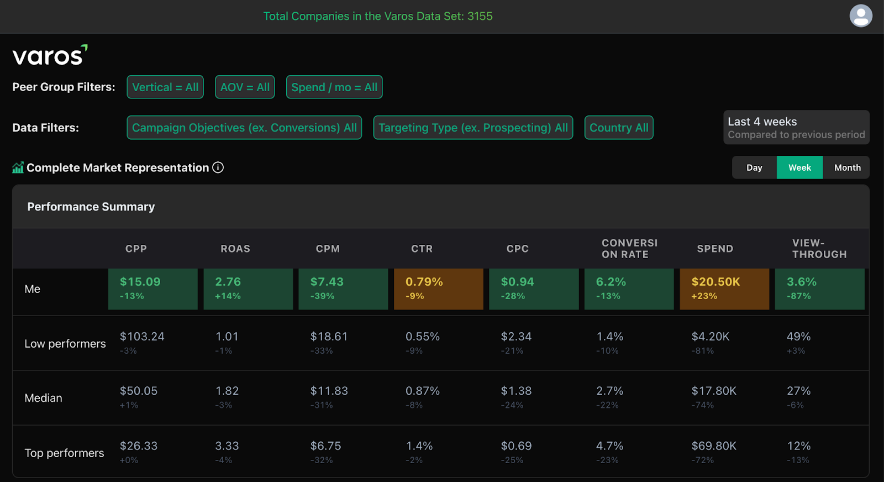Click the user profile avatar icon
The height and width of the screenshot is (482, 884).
[861, 16]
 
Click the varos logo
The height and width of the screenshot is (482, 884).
[50, 55]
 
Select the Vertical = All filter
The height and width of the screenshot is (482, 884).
[165, 87]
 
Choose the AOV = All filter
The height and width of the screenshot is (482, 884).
[245, 87]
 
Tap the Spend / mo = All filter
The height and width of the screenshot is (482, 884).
[334, 87]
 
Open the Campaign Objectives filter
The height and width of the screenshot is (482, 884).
[244, 128]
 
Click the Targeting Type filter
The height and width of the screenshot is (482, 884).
[473, 128]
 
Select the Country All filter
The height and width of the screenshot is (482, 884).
[619, 128]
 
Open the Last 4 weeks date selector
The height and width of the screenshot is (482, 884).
[796, 128]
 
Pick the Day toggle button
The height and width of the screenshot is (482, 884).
[754, 167]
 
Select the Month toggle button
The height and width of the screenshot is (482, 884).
[847, 167]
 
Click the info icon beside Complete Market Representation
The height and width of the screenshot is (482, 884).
[218, 167]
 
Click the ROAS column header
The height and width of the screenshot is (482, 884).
[235, 249]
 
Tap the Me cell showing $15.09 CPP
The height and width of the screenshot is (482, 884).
[152, 289]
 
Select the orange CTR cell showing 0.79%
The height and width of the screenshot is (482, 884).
[438, 289]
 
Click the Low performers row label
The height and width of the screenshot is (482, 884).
[65, 344]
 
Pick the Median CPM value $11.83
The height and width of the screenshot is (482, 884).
[329, 391]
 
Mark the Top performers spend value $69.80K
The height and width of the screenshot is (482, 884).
[714, 446]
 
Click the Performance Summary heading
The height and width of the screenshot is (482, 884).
[91, 207]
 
